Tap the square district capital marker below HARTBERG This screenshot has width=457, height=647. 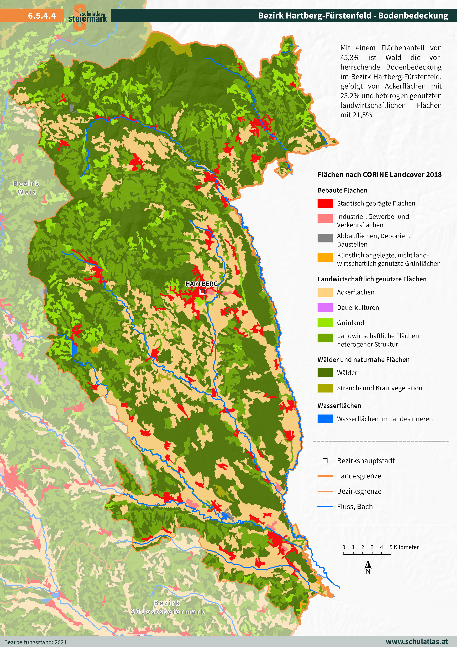pyautogui.click(x=202, y=292)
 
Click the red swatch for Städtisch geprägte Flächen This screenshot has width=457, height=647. pyautogui.click(x=325, y=203)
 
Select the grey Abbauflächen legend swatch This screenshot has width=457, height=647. pyautogui.click(x=325, y=238)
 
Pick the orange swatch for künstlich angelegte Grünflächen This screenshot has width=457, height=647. pyautogui.click(x=325, y=257)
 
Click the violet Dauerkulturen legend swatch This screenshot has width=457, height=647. pyautogui.click(x=325, y=307)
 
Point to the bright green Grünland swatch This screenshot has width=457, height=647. pyautogui.click(x=325, y=323)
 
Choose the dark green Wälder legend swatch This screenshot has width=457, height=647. pyautogui.click(x=325, y=372)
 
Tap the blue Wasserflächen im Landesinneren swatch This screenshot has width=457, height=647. pyautogui.click(x=325, y=419)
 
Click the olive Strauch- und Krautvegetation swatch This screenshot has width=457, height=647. pyautogui.click(x=325, y=388)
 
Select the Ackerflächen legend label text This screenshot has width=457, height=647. pyautogui.click(x=355, y=292)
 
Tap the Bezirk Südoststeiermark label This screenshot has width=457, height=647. pyautogui.click(x=168, y=607)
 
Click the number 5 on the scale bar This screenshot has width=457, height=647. pyautogui.click(x=391, y=547)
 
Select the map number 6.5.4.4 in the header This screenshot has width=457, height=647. pyautogui.click(x=42, y=15)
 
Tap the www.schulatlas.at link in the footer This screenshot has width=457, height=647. pyautogui.click(x=417, y=641)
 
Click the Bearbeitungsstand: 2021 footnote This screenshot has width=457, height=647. pyautogui.click(x=36, y=642)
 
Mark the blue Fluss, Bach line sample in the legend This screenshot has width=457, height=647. pyautogui.click(x=325, y=506)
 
